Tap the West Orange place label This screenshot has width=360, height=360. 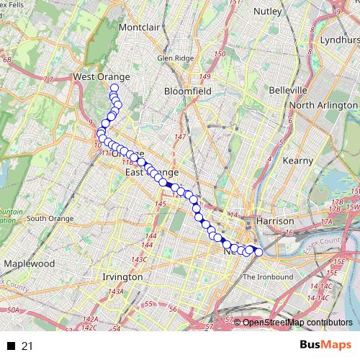coord(102,76)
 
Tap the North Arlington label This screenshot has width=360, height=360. coord(323,105)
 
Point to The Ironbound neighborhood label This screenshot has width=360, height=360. coord(268,277)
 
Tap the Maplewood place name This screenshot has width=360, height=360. coord(29,264)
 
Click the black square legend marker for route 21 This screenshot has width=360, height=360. coord(11,346)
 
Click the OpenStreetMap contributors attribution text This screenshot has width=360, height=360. coord(297,323)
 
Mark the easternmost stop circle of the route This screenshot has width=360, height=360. coord(258,251)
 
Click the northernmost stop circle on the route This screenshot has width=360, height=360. coord(113,89)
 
